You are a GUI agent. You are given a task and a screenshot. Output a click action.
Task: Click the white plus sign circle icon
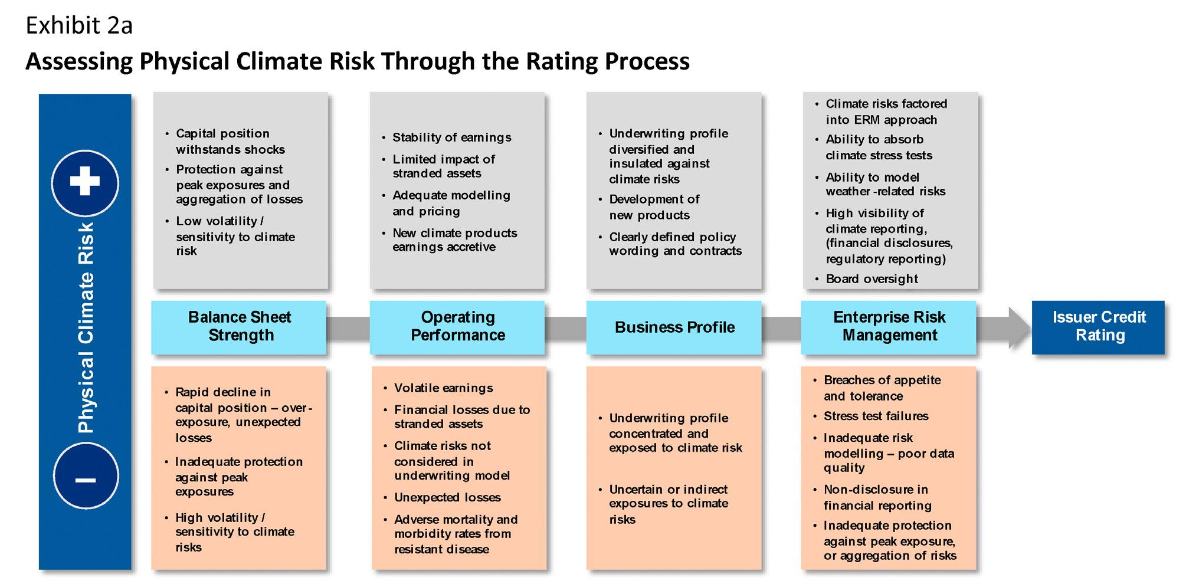click(x=85, y=183)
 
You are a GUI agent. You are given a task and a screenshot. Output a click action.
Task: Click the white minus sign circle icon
click(x=86, y=477)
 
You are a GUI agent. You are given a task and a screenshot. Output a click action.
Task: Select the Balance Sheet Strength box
click(x=239, y=327)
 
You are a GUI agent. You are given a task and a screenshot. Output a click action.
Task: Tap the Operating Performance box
click(x=457, y=327)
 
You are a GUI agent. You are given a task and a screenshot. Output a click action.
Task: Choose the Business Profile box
click(x=674, y=327)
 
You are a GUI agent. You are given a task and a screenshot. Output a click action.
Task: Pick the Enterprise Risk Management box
click(x=889, y=327)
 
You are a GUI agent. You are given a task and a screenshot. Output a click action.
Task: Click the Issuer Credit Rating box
click(x=1099, y=327)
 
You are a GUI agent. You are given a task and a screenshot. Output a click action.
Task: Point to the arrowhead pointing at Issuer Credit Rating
click(x=1019, y=327)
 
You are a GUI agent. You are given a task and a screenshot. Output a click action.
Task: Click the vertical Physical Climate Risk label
click(x=86, y=328)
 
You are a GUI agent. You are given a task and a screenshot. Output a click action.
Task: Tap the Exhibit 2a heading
click(x=79, y=25)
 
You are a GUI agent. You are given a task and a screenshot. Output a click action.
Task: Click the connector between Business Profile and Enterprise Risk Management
click(x=781, y=328)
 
